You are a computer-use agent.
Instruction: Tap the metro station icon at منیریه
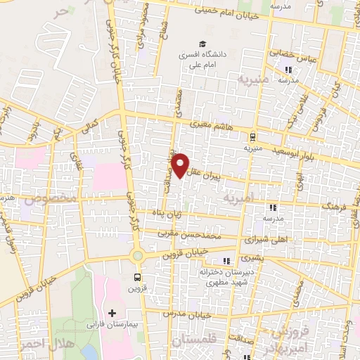(x=252, y=137)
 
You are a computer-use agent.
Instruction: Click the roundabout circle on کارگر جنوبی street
(x=137, y=257)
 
